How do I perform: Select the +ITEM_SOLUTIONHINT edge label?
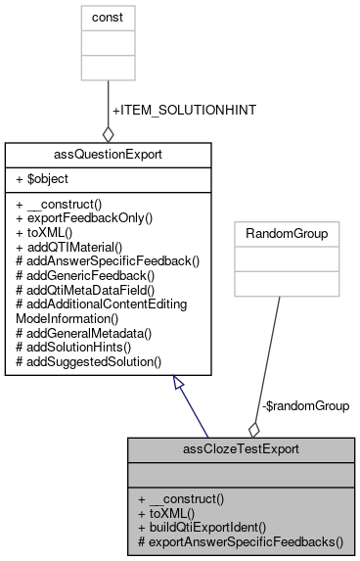click(184, 110)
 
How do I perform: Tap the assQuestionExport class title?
click(108, 155)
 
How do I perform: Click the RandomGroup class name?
click(280, 234)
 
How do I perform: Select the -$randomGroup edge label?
click(304, 404)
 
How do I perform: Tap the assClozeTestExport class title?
click(241, 449)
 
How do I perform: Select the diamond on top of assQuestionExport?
click(108, 133)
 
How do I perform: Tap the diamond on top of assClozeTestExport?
click(254, 428)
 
